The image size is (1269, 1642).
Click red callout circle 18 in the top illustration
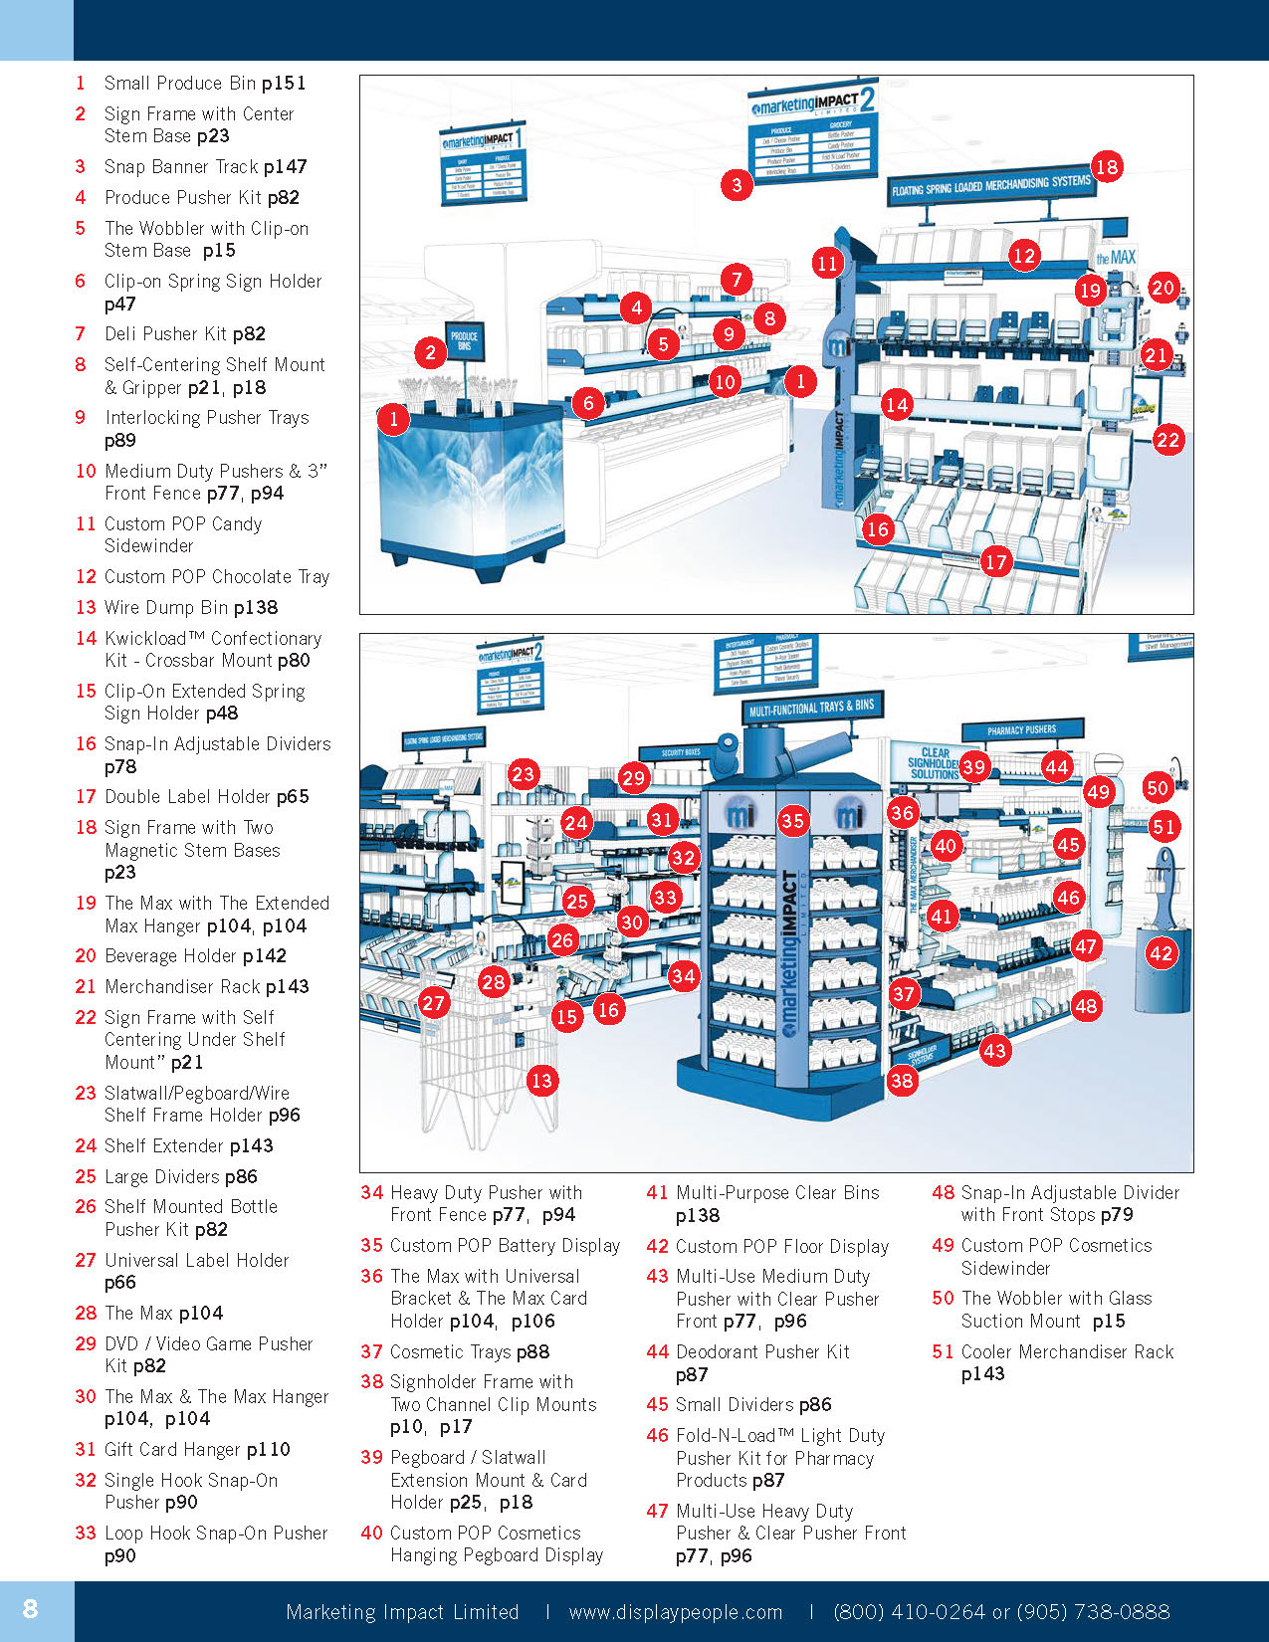[x=1107, y=166]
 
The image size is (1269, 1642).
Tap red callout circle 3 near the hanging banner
[x=737, y=184]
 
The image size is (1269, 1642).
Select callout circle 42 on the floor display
[x=1161, y=953]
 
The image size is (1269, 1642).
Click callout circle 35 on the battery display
[x=792, y=821]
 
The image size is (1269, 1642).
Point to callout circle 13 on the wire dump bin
[x=541, y=1081]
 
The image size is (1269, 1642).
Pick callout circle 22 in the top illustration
[x=1167, y=440]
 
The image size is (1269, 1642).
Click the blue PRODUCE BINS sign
[x=464, y=341]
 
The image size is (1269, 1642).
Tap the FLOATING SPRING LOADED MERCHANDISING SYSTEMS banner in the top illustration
[x=990, y=186]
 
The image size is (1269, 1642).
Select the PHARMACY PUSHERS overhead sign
[x=1021, y=730]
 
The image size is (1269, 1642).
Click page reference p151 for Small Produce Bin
[x=284, y=84]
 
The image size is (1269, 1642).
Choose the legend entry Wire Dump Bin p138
[x=191, y=607]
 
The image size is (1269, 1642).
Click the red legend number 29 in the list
[x=86, y=1344]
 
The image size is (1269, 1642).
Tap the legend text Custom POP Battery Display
[x=505, y=1246]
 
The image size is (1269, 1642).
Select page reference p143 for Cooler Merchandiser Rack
[x=983, y=1374]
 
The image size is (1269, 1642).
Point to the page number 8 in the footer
[x=31, y=1609]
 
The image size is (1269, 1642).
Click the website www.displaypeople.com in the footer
[x=676, y=1612]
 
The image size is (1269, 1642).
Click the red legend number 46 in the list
[x=657, y=1436]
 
